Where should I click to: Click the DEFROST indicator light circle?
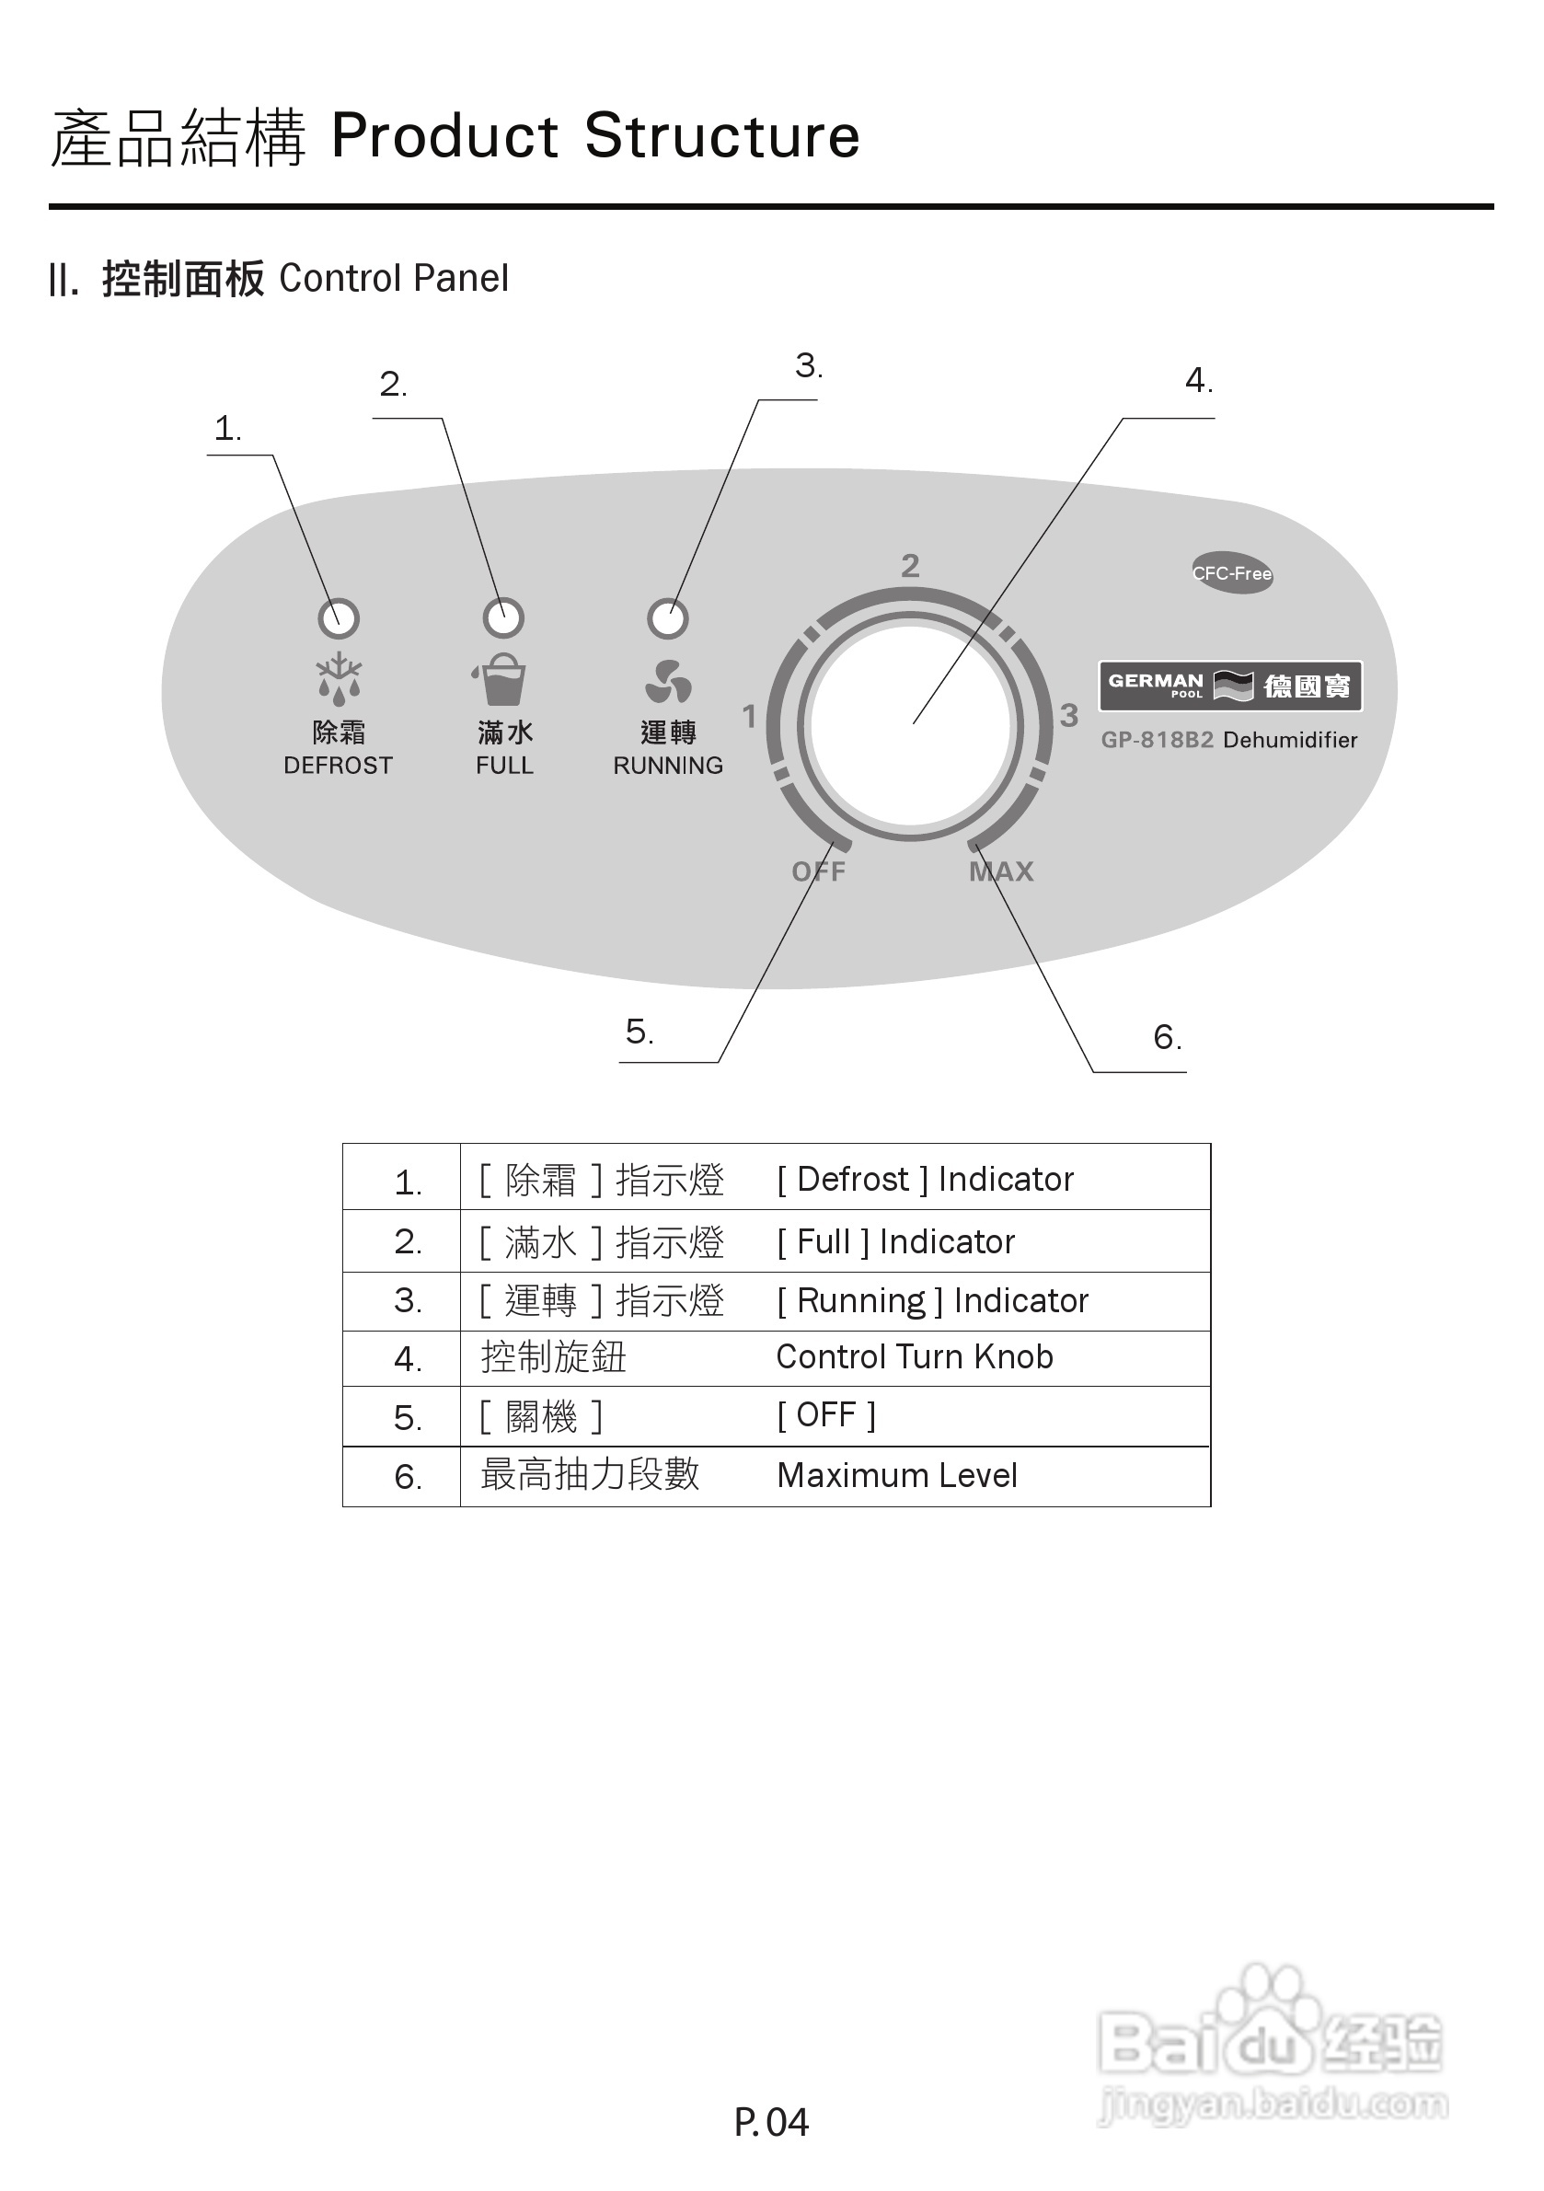(338, 618)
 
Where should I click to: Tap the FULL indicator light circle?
(504, 618)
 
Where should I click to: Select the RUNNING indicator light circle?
(667, 618)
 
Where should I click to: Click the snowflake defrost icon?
(339, 676)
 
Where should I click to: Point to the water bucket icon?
(501, 679)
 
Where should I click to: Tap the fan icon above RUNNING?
(668, 682)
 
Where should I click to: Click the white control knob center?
(910, 725)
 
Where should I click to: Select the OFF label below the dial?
(818, 871)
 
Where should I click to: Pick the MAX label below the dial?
(1001, 871)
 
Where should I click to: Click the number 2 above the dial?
(910, 566)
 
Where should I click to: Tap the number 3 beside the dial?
(1069, 715)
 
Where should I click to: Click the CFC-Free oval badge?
(1232, 572)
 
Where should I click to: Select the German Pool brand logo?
(1230, 686)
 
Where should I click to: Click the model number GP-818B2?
(1157, 740)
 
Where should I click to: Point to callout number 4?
(1198, 382)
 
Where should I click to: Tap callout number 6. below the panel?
(1166, 1037)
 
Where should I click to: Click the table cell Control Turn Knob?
(915, 1357)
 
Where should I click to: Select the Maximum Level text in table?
(897, 1475)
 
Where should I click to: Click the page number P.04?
(771, 2122)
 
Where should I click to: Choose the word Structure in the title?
(721, 135)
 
